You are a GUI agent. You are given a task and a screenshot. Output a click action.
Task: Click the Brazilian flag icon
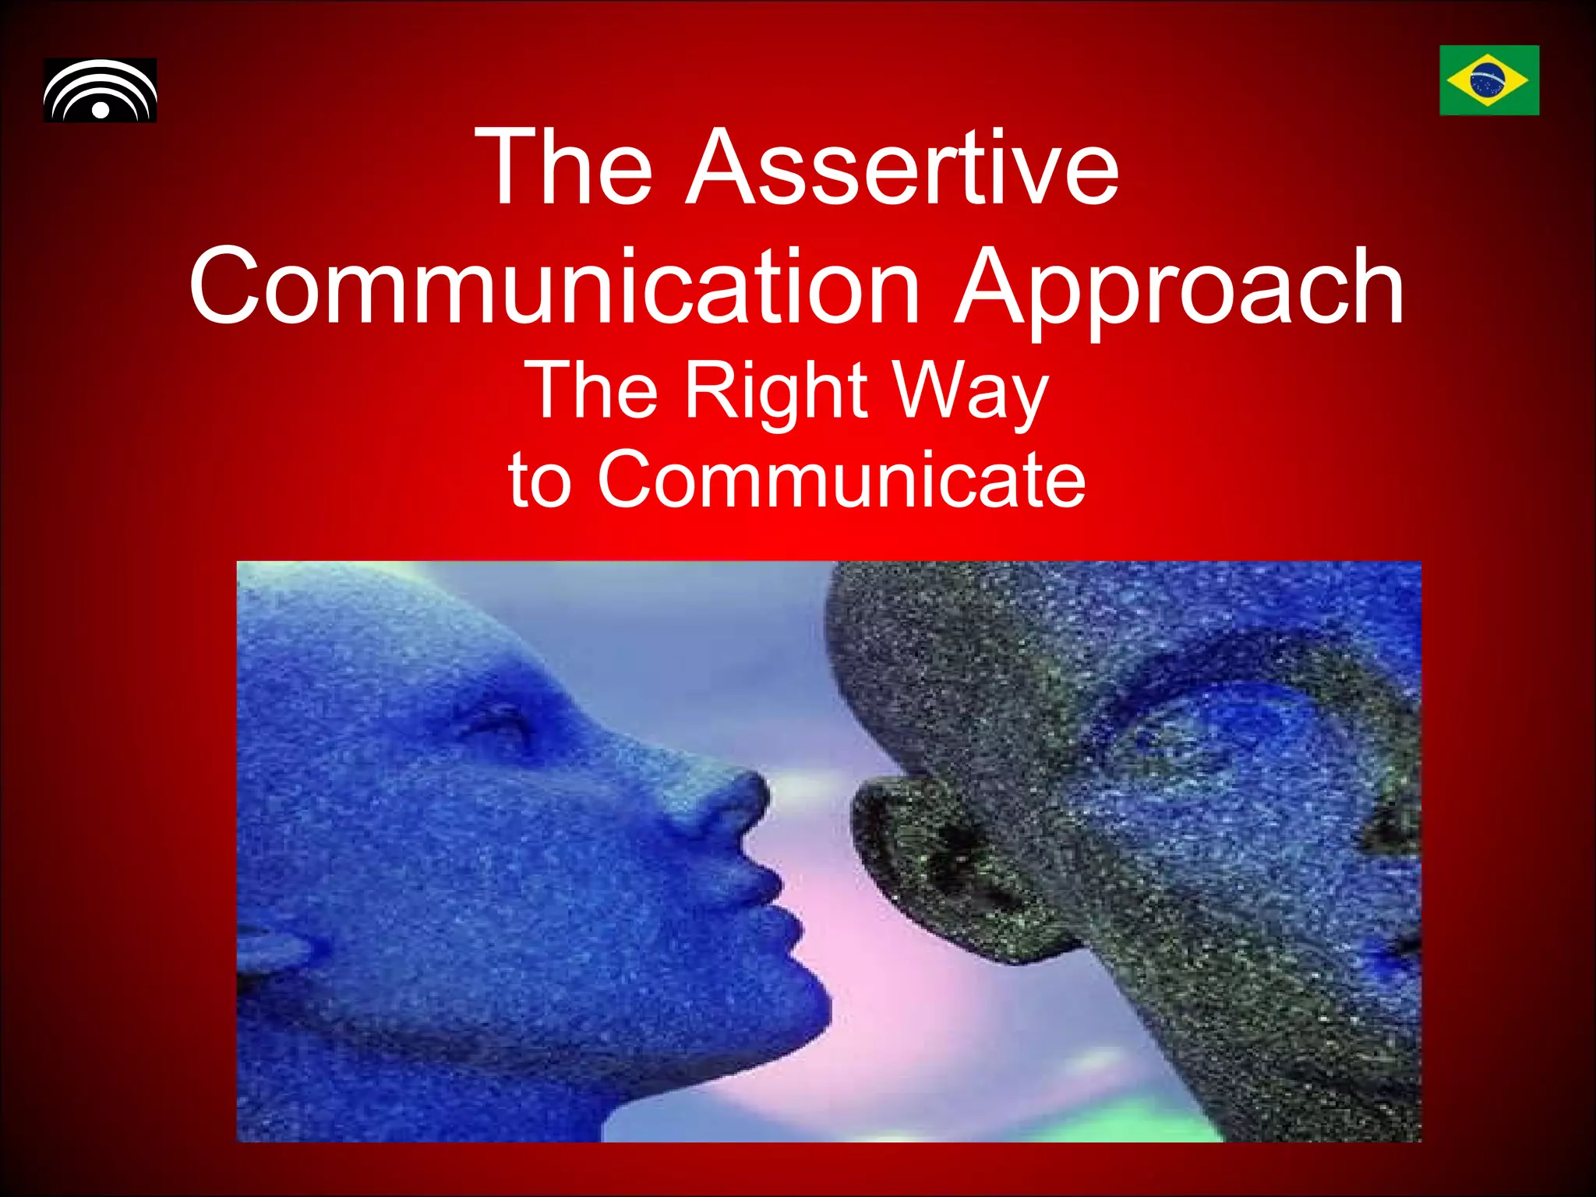1488,80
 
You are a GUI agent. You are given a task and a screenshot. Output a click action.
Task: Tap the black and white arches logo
100,90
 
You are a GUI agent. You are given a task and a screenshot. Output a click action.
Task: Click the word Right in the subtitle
775,390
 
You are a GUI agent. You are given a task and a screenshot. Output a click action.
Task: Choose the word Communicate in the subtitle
841,478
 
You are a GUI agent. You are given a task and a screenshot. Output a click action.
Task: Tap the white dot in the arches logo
101,109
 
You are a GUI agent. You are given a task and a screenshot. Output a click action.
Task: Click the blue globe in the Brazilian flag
1488,80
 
